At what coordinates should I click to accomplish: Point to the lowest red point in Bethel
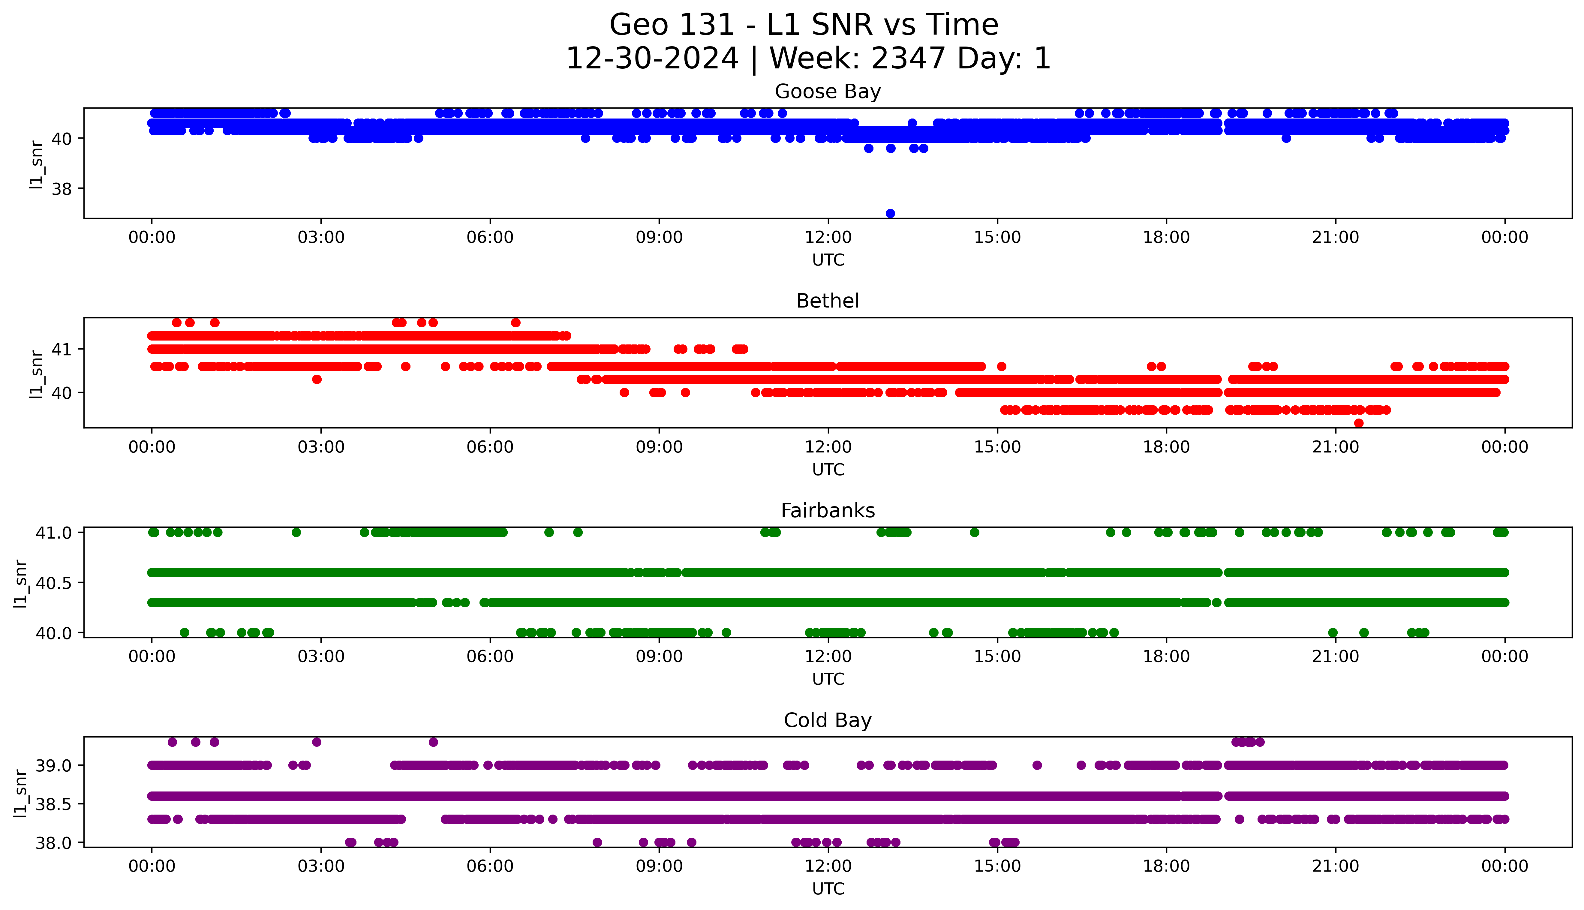(x=1358, y=423)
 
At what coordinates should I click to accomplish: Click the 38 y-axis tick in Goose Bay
(x=61, y=189)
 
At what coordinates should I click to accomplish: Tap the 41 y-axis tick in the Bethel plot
(x=61, y=349)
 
